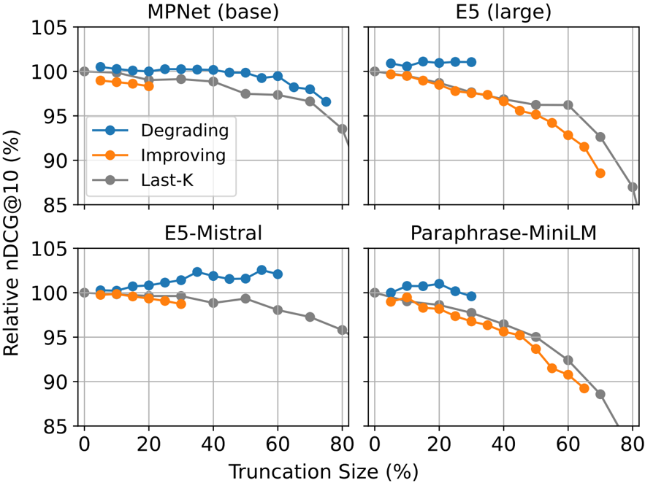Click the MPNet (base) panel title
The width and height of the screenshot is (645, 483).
click(x=213, y=12)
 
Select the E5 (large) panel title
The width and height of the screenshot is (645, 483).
click(x=503, y=12)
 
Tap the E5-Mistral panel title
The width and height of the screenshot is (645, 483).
click(x=213, y=233)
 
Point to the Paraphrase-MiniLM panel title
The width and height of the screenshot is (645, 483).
click(x=503, y=233)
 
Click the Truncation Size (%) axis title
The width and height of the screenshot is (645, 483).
click(x=324, y=471)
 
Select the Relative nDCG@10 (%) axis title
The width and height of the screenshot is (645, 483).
click(x=11, y=243)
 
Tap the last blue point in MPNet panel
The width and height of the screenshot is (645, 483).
click(x=326, y=102)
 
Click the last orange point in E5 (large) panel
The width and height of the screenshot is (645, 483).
click(x=600, y=174)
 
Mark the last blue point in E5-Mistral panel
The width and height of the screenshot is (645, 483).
click(x=278, y=274)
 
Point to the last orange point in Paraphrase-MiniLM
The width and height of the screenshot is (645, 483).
click(x=584, y=388)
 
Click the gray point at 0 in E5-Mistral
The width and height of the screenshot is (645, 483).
click(x=84, y=293)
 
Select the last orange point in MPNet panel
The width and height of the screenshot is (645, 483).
click(x=149, y=86)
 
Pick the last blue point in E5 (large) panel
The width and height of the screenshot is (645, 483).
click(x=471, y=63)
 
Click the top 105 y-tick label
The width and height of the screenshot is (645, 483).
click(x=49, y=28)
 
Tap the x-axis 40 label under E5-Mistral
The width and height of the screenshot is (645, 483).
click(x=213, y=444)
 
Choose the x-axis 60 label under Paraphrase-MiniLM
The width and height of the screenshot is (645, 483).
click(x=568, y=444)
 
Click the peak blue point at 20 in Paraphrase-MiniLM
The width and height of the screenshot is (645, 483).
click(x=439, y=284)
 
